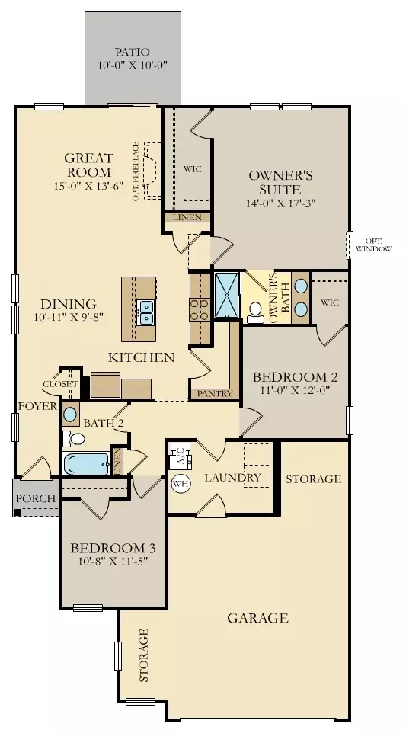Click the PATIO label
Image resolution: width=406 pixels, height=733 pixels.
[133, 51]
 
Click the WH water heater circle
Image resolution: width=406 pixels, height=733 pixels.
[181, 482]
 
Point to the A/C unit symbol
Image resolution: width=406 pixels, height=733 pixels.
[181, 457]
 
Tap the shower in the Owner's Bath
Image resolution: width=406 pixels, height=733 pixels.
[227, 293]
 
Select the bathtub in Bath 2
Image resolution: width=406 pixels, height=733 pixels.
[88, 464]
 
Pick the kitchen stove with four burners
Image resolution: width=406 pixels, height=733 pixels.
[200, 309]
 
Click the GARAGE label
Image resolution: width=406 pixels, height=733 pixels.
[257, 618]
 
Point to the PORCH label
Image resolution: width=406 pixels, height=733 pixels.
[36, 499]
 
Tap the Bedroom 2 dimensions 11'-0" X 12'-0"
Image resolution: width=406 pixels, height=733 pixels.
[295, 391]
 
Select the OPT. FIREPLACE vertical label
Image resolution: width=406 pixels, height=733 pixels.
[136, 171]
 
